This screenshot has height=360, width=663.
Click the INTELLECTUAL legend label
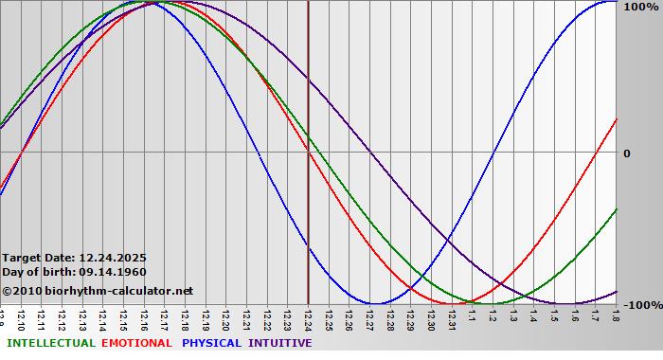(50, 343)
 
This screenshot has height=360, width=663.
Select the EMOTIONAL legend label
(136, 343)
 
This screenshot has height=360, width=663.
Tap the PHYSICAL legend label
(211, 343)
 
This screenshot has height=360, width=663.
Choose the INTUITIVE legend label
(279, 343)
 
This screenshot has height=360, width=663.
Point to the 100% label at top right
(640, 7)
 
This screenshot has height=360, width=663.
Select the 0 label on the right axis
(626, 153)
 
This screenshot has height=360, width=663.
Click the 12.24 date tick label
(309, 317)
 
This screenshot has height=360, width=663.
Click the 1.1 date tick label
(472, 315)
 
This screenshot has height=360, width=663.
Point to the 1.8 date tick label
(615, 315)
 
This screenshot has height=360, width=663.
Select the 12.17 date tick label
(165, 317)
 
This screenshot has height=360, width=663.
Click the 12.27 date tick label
(369, 317)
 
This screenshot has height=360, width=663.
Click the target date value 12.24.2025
(113, 258)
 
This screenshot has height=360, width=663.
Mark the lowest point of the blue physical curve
(377, 304)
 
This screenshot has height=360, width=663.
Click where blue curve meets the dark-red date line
(309, 248)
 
